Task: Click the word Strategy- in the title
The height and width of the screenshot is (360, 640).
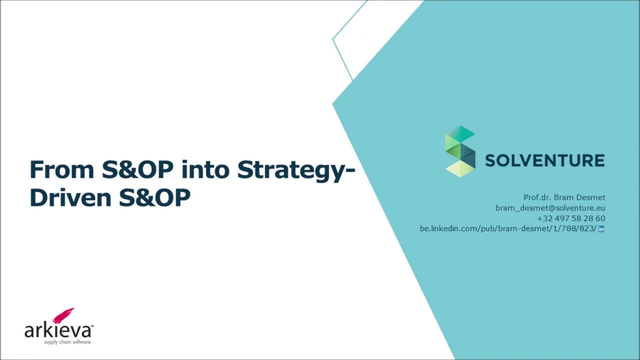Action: (296, 170)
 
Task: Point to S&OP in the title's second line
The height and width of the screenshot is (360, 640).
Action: (154, 197)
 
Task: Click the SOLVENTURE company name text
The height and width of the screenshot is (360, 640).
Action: (544, 160)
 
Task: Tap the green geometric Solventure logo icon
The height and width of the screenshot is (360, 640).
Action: (460, 151)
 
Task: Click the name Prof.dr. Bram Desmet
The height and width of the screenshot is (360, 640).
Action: (564, 197)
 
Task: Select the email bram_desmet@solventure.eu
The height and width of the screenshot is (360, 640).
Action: (550, 208)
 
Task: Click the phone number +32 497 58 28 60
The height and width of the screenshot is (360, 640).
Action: (571, 218)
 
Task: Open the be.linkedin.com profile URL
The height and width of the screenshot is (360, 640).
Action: (507, 228)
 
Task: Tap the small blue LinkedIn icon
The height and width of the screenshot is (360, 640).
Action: (601, 229)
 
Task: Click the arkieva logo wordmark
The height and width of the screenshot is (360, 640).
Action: (58, 330)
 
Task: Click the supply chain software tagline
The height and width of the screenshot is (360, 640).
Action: (67, 342)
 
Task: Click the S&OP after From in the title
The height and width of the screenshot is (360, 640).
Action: (137, 170)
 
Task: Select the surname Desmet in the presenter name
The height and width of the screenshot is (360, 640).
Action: (591, 197)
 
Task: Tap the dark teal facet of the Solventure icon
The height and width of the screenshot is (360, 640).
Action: (468, 155)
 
